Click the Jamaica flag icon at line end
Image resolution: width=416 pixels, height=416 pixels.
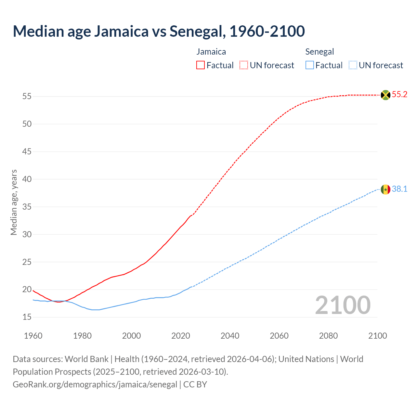[x=385, y=95]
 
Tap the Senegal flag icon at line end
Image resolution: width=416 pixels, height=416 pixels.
[x=385, y=189]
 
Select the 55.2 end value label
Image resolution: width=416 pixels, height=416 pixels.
[x=399, y=95]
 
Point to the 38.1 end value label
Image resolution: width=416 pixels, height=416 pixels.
[x=399, y=189]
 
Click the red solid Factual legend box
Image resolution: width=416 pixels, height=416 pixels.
[x=201, y=65]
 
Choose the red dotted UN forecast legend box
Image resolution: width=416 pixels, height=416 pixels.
[x=244, y=65]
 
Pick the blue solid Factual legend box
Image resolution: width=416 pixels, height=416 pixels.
[x=310, y=65]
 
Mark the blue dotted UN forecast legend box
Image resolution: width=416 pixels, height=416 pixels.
[x=353, y=65]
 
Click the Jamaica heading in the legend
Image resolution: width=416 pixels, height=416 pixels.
[x=211, y=52]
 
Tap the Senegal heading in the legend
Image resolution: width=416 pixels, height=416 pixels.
[x=319, y=52]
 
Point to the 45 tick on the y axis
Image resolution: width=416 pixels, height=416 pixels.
[x=27, y=151]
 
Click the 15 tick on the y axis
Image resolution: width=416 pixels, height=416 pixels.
[x=27, y=317]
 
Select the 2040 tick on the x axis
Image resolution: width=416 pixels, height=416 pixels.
[x=230, y=336]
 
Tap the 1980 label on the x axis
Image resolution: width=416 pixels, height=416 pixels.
[x=82, y=336]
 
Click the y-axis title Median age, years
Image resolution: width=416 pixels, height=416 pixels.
[x=14, y=202]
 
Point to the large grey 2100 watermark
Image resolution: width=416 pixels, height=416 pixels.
[x=343, y=305]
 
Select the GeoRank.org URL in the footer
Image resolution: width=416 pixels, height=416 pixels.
[x=95, y=384]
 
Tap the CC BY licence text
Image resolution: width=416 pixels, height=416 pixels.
[x=195, y=384]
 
